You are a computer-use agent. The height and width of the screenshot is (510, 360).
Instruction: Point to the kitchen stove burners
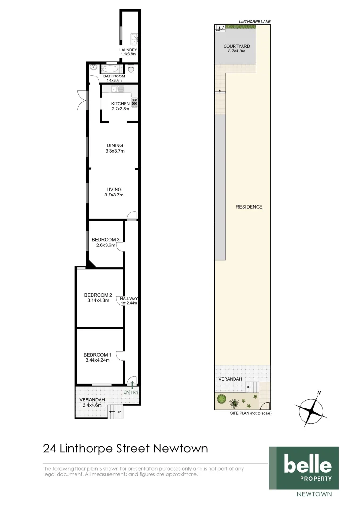coord(134,103)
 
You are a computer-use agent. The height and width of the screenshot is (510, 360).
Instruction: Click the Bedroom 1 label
coord(98,355)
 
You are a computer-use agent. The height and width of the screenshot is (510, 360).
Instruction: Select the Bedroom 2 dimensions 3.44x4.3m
coord(98,301)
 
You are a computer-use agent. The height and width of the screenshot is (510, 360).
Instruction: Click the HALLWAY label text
coord(128,298)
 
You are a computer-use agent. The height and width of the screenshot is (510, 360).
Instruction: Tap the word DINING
coord(114,145)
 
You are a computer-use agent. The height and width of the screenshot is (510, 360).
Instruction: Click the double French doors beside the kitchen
coord(84,100)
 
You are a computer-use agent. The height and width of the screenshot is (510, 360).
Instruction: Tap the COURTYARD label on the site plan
coord(236,46)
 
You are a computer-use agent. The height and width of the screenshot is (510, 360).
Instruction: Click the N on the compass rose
coord(319,392)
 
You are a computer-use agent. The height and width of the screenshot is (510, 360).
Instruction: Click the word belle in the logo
coord(307,465)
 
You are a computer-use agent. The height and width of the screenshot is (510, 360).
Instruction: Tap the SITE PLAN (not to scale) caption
coord(251,413)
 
